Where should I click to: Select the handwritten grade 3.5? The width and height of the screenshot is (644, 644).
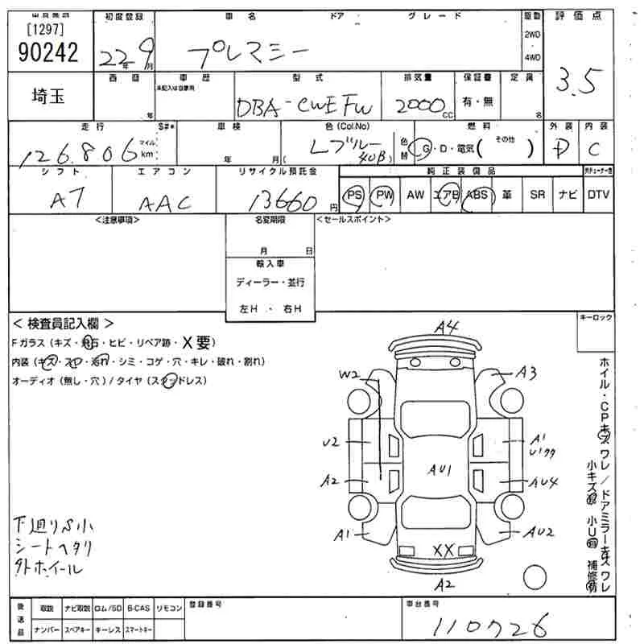coord(578,81)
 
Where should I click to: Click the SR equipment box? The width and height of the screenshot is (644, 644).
coord(537,195)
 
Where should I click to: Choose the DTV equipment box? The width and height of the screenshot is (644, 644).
coord(598,195)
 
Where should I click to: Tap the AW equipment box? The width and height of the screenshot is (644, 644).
coord(415,195)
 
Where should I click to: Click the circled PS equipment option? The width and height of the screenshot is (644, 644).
coord(354,195)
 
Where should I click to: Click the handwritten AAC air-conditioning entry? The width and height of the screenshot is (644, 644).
coord(165,202)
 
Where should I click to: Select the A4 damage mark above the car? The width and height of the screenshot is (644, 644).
coord(445,327)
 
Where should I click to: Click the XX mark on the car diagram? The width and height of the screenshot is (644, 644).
coord(444,550)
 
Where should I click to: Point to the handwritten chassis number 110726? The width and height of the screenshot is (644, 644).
coord(490,624)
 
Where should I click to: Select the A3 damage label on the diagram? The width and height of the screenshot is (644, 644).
coord(526,372)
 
